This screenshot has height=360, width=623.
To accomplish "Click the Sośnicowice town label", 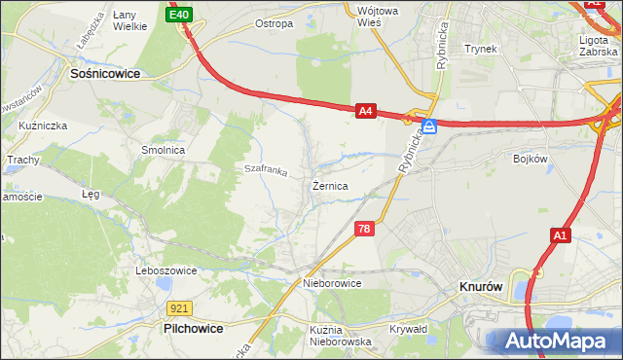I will tap(104, 73).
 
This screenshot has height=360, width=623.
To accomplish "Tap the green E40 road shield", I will tap(179, 15).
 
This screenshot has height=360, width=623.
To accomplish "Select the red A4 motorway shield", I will tap(365, 112).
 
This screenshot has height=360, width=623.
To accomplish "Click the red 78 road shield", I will tap(364, 229).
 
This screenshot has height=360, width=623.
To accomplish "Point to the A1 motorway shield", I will tap(560, 235).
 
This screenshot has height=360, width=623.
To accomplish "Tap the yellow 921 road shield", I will tap(177, 308).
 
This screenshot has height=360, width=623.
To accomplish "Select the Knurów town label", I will tap(480, 288).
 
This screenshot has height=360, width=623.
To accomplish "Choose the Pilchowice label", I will tap(192, 330).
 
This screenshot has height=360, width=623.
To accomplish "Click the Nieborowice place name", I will tap(332, 283).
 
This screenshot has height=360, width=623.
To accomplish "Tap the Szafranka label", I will tap(266, 171).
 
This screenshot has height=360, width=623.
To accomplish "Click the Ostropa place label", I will tap(274, 23).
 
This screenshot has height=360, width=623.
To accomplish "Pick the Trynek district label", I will tap(481, 48).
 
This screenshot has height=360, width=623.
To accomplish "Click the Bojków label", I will tap(531, 157).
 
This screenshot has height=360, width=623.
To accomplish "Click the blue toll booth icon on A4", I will tap(428, 126).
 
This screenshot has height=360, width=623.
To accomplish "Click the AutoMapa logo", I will tap(556, 342).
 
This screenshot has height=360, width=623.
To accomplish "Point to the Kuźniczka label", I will tap(41, 126).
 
